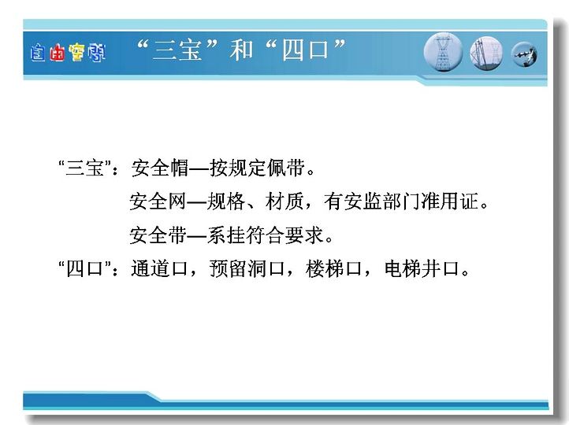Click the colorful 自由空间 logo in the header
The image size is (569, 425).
point(68,53)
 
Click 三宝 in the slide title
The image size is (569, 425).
point(177,50)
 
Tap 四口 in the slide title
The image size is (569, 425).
point(305,50)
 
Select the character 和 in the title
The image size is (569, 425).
point(241,50)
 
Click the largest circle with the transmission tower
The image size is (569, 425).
point(443,52)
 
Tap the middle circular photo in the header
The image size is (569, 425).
point(486,54)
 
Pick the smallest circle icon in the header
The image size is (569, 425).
point(524,55)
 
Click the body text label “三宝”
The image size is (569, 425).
point(84,168)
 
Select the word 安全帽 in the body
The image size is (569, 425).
point(160,168)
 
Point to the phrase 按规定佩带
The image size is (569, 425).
point(257,168)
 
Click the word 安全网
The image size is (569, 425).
point(158,201)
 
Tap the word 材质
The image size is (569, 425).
point(284,201)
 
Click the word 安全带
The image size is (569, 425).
point(158,235)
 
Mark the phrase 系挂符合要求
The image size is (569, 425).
point(266,235)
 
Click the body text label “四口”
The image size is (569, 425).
point(84,269)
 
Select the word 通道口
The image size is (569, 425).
point(160,269)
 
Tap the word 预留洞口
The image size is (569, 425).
point(247,269)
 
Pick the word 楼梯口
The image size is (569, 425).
point(334,269)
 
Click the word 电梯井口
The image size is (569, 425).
point(422,269)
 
